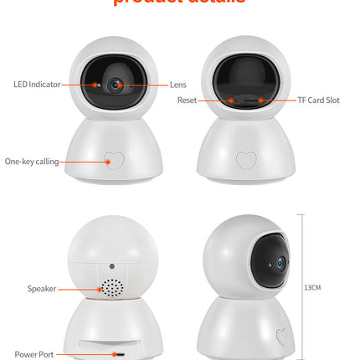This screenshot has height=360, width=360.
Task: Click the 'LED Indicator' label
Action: coord(36,85)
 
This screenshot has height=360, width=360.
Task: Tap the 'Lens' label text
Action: coord(178,85)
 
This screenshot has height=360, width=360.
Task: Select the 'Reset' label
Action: coord(187,100)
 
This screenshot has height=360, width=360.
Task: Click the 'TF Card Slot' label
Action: coord(318,100)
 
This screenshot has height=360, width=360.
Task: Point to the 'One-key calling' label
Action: coord(32,162)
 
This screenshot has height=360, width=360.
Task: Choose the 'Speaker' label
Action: coord(41,289)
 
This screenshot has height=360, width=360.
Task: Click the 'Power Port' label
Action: coord(33,354)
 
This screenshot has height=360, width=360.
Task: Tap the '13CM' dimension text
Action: coord(312,287)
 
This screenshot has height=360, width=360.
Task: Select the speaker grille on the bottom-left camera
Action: coord(111,288)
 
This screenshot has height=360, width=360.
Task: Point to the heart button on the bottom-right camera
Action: coord(284,337)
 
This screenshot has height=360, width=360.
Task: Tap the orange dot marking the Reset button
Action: coord(232,100)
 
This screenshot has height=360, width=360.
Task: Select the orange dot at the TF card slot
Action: coord(260,100)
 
